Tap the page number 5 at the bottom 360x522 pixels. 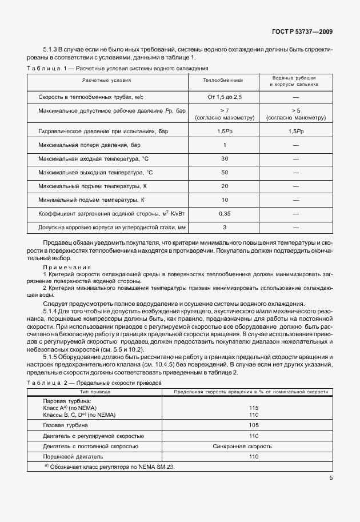click(331, 479)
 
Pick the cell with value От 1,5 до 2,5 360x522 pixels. click(224, 97)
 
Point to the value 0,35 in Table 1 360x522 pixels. click(224, 213)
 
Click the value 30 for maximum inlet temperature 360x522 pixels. click(224, 158)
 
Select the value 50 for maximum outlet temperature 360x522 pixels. click(224, 172)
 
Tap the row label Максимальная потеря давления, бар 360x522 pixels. click(89, 145)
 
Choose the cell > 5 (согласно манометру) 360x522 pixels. click(296, 114)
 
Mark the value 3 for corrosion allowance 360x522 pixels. click(224, 227)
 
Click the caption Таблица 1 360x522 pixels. click(47, 68)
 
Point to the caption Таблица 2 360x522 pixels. click(47, 381)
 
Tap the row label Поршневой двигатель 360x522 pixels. click(73, 456)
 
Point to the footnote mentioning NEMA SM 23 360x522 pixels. click(109, 467)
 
